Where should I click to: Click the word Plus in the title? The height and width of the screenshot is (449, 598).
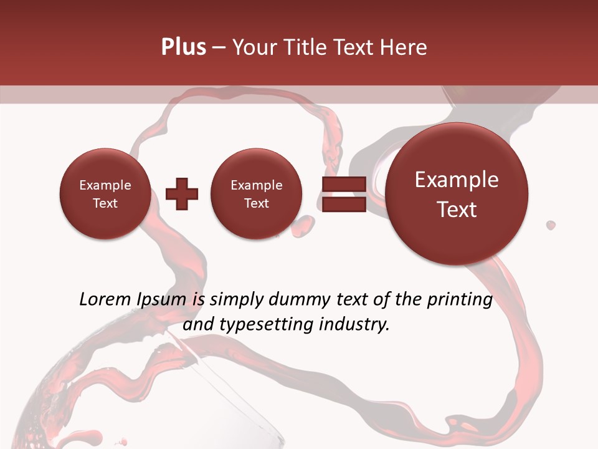(183, 47)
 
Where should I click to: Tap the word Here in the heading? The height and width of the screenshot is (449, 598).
(406, 47)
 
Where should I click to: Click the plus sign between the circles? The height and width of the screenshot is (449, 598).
(182, 194)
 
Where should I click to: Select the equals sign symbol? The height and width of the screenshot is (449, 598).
(343, 194)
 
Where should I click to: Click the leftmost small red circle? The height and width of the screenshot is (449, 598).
(105, 193)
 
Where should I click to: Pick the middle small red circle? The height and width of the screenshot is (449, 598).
(256, 193)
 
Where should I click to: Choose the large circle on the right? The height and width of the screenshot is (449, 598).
(457, 194)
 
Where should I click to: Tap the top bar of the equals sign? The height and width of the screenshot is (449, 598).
(343, 184)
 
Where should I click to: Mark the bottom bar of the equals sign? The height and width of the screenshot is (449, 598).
(343, 205)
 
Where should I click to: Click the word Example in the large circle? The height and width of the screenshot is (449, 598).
(457, 180)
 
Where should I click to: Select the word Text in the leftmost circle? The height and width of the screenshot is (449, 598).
(105, 203)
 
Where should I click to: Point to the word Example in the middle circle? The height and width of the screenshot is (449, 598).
(256, 185)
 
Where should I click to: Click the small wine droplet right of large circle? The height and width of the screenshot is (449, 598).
(551, 224)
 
